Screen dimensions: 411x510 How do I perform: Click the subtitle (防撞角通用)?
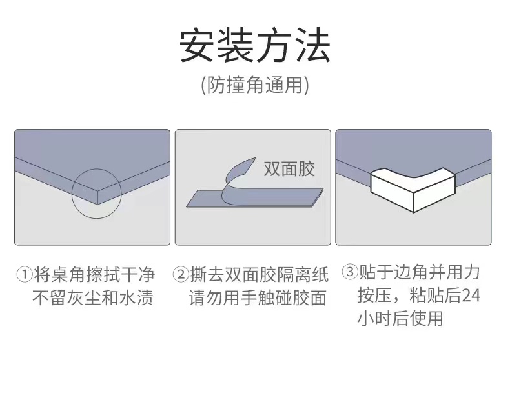[255, 84]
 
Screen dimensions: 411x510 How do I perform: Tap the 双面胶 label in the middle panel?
[289, 169]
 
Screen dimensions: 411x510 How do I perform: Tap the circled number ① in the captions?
[24, 275]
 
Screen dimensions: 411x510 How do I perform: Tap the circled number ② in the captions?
[181, 275]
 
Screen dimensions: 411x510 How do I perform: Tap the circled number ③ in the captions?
[349, 272]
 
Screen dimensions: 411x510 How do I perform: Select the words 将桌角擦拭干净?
[94, 275]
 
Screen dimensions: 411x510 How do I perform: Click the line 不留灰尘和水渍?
[93, 298]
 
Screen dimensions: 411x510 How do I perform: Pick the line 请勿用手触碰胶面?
[258, 298]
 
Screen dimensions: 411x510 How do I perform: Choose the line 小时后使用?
[400, 318]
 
